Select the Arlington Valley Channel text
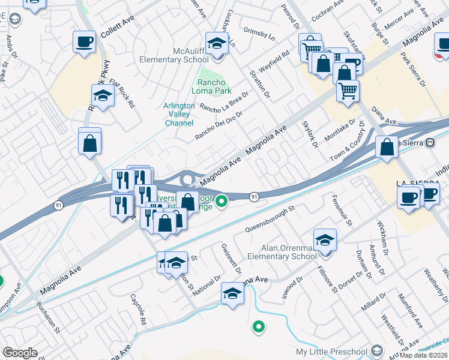[x=179, y=114]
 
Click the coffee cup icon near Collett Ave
[x=84, y=42]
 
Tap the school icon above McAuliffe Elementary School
[x=217, y=43]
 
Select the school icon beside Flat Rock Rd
[x=103, y=95]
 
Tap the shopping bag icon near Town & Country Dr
[x=388, y=146]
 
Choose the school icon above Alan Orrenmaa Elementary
[x=325, y=240]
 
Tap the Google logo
[x=20, y=353]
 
